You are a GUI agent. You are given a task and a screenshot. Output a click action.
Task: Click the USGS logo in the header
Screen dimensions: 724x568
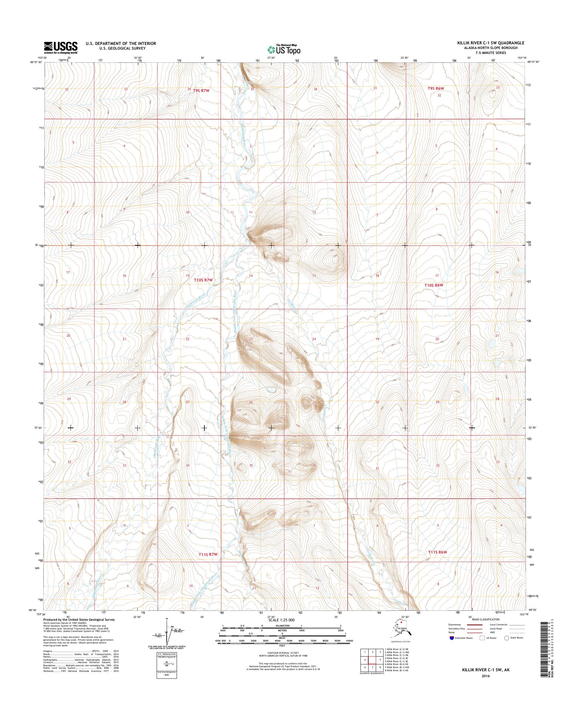[61, 48]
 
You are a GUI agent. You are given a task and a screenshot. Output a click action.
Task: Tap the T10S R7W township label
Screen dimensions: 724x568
[203, 280]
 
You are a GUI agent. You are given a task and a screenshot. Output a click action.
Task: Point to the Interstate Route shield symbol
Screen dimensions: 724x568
[452, 638]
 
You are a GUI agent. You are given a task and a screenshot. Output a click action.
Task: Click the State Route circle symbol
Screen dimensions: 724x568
[507, 638]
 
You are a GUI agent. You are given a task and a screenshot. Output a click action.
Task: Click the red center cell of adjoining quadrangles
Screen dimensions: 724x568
[372, 660]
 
